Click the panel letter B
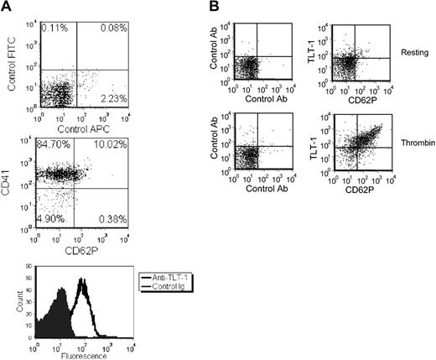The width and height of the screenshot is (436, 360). (x=215, y=8)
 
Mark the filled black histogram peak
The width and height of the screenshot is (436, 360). (x=61, y=299)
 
